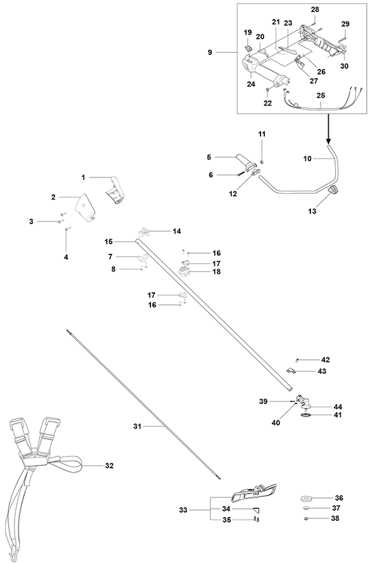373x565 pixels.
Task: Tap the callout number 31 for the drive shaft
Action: pyautogui.click(x=137, y=426)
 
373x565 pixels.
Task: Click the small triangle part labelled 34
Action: pyautogui.click(x=256, y=509)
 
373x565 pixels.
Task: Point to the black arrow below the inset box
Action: pyautogui.click(x=328, y=129)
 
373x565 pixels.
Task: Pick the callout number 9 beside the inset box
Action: pyautogui.click(x=210, y=52)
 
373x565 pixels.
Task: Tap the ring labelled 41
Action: pyautogui.click(x=306, y=415)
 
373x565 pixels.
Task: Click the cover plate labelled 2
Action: pyautogui.click(x=86, y=207)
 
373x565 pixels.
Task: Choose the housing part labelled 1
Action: pyautogui.click(x=116, y=189)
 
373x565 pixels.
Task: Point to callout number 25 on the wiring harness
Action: pyautogui.click(x=321, y=95)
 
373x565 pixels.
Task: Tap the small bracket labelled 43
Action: pyautogui.click(x=291, y=370)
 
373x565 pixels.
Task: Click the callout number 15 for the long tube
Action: pyautogui.click(x=109, y=242)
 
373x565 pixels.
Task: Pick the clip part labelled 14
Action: pyautogui.click(x=144, y=231)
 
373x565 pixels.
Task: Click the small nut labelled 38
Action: pyautogui.click(x=306, y=518)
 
